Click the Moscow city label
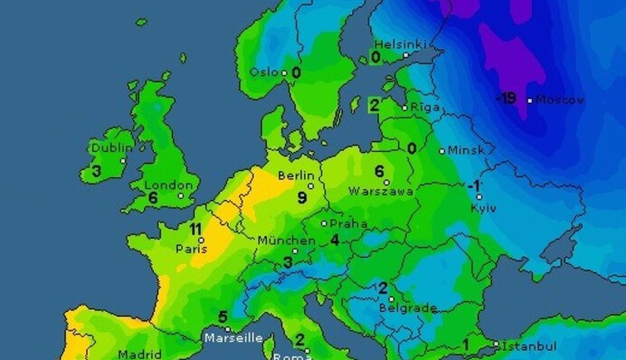(561, 99)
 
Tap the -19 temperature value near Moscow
(506, 99)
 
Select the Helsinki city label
(400, 43)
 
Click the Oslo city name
(264, 72)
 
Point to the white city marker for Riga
(404, 107)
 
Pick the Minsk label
(467, 150)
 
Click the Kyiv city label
(483, 208)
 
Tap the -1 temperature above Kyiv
(474, 186)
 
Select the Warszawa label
(382, 192)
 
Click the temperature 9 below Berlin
(302, 196)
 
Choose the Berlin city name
(296, 175)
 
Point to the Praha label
(348, 223)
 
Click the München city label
(287, 241)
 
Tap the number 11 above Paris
(195, 229)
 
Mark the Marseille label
(233, 338)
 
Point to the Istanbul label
(530, 346)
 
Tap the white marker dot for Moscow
(530, 100)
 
